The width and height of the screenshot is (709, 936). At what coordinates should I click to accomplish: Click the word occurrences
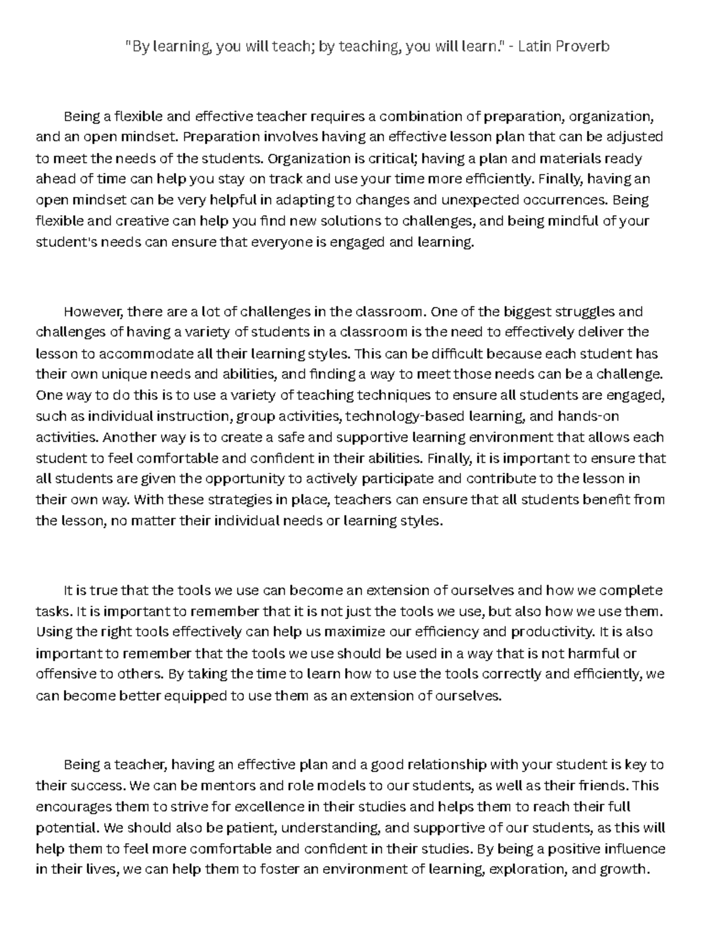pyautogui.click(x=571, y=200)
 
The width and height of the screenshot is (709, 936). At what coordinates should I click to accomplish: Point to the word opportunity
pyautogui.click(x=244, y=478)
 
